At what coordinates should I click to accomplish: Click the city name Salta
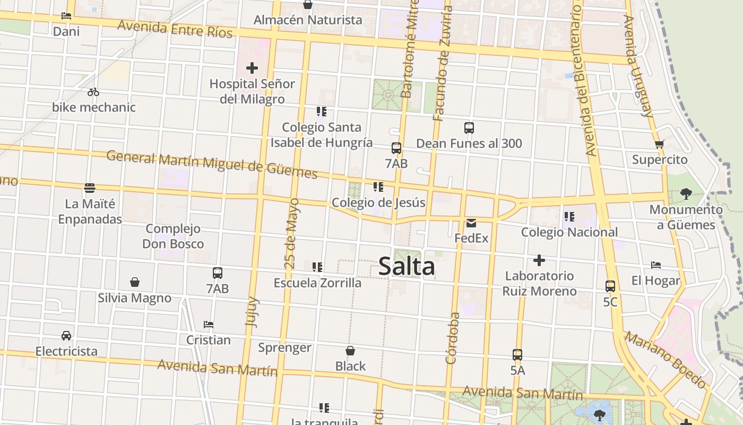point(407,267)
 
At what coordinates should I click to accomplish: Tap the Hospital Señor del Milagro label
point(252,91)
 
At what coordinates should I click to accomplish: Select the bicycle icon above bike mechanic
point(93,92)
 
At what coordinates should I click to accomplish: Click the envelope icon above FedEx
point(471,223)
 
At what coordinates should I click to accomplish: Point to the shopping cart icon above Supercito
point(660,144)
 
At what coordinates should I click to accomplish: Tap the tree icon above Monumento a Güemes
point(686,193)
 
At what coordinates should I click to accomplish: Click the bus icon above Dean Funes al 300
point(469,128)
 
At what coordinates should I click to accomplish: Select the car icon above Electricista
point(66,336)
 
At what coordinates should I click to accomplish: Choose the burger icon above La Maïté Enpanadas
point(90,188)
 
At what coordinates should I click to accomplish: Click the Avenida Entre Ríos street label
point(175,29)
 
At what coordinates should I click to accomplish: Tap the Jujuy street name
point(253,311)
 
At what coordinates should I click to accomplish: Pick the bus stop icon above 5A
point(517,355)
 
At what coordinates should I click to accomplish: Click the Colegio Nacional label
point(569,232)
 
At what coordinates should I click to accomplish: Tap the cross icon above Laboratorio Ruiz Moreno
point(539,260)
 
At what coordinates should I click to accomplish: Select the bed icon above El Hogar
point(656,265)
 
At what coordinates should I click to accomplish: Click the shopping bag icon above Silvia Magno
point(135,282)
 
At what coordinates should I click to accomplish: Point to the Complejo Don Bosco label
point(173,236)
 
